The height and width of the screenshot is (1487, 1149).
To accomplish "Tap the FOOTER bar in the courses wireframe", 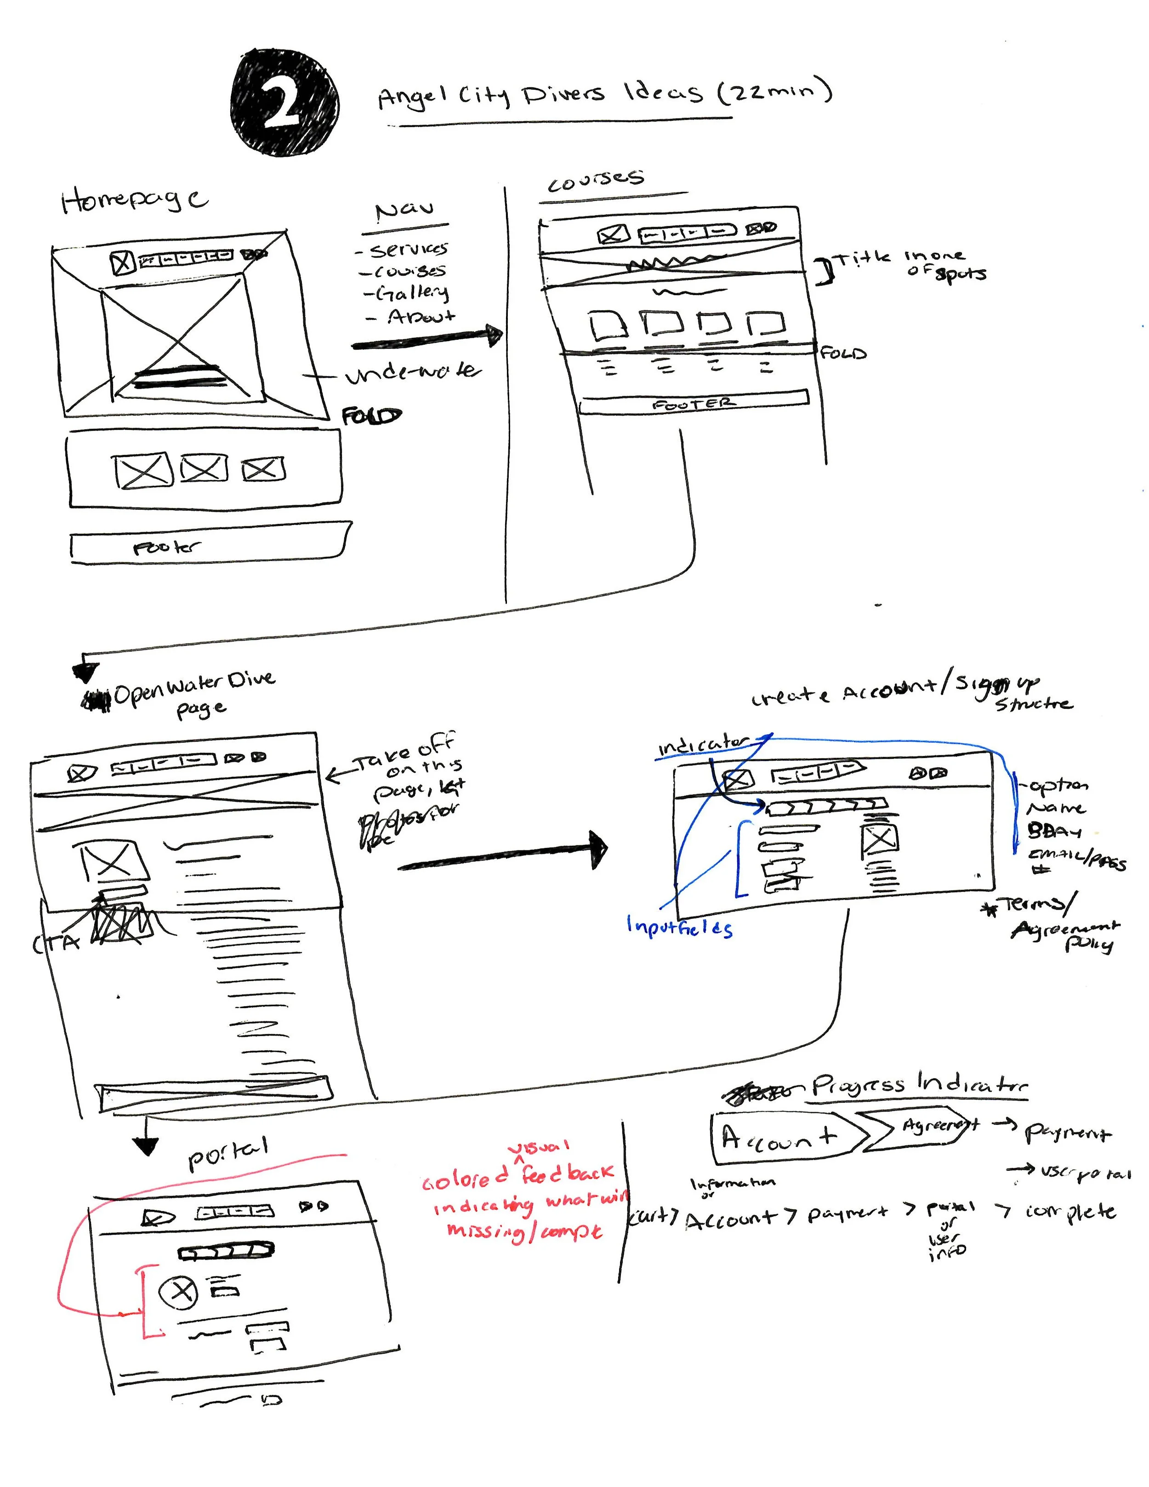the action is tap(693, 403).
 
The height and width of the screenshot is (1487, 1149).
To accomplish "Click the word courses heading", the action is tap(596, 181).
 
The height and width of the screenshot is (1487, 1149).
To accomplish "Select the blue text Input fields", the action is tap(679, 927).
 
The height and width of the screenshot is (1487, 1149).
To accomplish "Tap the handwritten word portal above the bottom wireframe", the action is tap(228, 1153).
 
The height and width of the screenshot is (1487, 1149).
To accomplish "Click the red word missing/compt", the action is tap(524, 1231).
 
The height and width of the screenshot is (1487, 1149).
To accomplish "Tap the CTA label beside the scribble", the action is tap(56, 942).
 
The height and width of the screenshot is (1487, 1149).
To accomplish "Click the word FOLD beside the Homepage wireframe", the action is tap(371, 416).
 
